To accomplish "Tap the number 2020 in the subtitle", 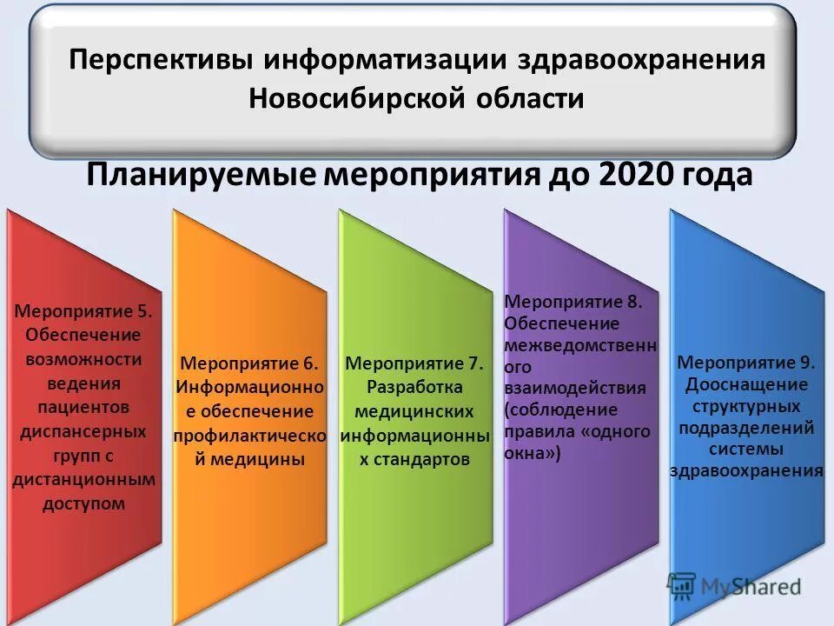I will coord(635,176).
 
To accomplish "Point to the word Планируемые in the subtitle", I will coord(201,176).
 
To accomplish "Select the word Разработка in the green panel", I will coord(415,387).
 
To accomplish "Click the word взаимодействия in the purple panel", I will coord(575,388).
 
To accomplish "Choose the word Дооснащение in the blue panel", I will coord(746,384).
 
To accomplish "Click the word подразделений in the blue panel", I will coord(746,427).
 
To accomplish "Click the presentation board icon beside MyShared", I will coord(682,585).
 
